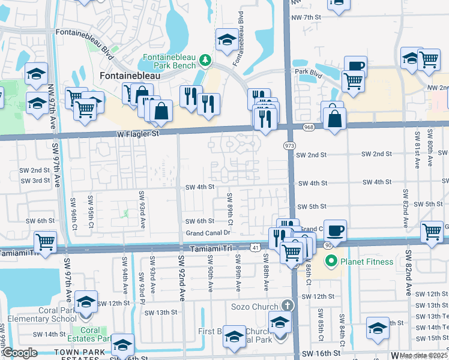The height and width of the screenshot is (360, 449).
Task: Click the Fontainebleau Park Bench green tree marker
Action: point(206,60)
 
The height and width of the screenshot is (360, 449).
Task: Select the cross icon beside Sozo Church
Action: point(288,306)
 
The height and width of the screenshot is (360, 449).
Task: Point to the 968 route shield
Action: point(309,127)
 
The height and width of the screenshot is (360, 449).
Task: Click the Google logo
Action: point(20,353)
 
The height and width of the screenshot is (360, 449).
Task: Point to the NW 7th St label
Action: point(307,17)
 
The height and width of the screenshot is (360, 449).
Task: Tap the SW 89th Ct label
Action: point(229,206)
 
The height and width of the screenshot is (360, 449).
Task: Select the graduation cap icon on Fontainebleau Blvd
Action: point(226,40)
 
